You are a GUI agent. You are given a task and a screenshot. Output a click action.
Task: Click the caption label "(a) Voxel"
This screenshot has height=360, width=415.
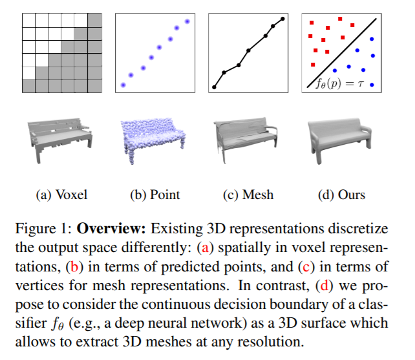pyautogui.click(x=61, y=195)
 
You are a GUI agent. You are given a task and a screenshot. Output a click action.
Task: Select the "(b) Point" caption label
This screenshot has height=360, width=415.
pyautogui.click(x=155, y=195)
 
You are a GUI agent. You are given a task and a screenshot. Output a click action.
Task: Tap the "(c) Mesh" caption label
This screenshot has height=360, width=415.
pyautogui.click(x=248, y=195)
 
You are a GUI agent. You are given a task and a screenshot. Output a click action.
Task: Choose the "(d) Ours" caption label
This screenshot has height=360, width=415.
pyautogui.click(x=342, y=195)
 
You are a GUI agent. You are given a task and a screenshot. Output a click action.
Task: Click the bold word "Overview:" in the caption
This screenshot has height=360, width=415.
pyautogui.click(x=111, y=228)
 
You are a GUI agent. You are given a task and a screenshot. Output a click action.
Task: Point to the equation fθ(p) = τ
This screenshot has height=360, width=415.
pyautogui.click(x=340, y=84)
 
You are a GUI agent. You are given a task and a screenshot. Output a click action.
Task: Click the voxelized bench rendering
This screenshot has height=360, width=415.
pyautogui.click(x=60, y=140)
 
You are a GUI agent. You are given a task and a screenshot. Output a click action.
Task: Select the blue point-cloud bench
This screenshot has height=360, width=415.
pyautogui.click(x=153, y=141)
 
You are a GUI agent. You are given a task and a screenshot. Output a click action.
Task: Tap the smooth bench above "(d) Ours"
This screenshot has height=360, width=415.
pyautogui.click(x=340, y=141)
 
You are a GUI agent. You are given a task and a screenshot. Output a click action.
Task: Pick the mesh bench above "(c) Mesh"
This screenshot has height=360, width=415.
pyautogui.click(x=246, y=140)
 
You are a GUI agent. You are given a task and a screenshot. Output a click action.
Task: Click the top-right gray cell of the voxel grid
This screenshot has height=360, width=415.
pyautogui.click(x=95, y=20)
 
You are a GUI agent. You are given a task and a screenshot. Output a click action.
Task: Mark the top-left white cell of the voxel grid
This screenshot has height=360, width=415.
pyautogui.click(x=28, y=20)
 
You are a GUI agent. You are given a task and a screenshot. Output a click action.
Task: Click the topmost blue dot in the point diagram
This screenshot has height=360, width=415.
pyautogui.click(x=187, y=21)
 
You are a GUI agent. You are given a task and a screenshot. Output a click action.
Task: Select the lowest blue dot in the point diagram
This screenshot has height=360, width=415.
pyautogui.click(x=123, y=85)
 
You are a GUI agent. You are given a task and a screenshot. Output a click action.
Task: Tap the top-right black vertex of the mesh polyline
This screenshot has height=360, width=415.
pyautogui.click(x=282, y=19)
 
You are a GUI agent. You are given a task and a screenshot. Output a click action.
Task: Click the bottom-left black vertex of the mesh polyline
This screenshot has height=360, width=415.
pyautogui.click(x=214, y=87)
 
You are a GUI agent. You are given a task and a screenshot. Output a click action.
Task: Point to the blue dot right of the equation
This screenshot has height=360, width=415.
pyautogui.click(x=372, y=85)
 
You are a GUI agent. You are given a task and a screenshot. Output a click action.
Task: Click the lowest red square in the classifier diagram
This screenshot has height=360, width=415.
pyautogui.click(x=313, y=65)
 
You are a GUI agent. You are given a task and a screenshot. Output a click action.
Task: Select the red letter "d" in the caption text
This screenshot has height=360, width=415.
pyautogui.click(x=325, y=286)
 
